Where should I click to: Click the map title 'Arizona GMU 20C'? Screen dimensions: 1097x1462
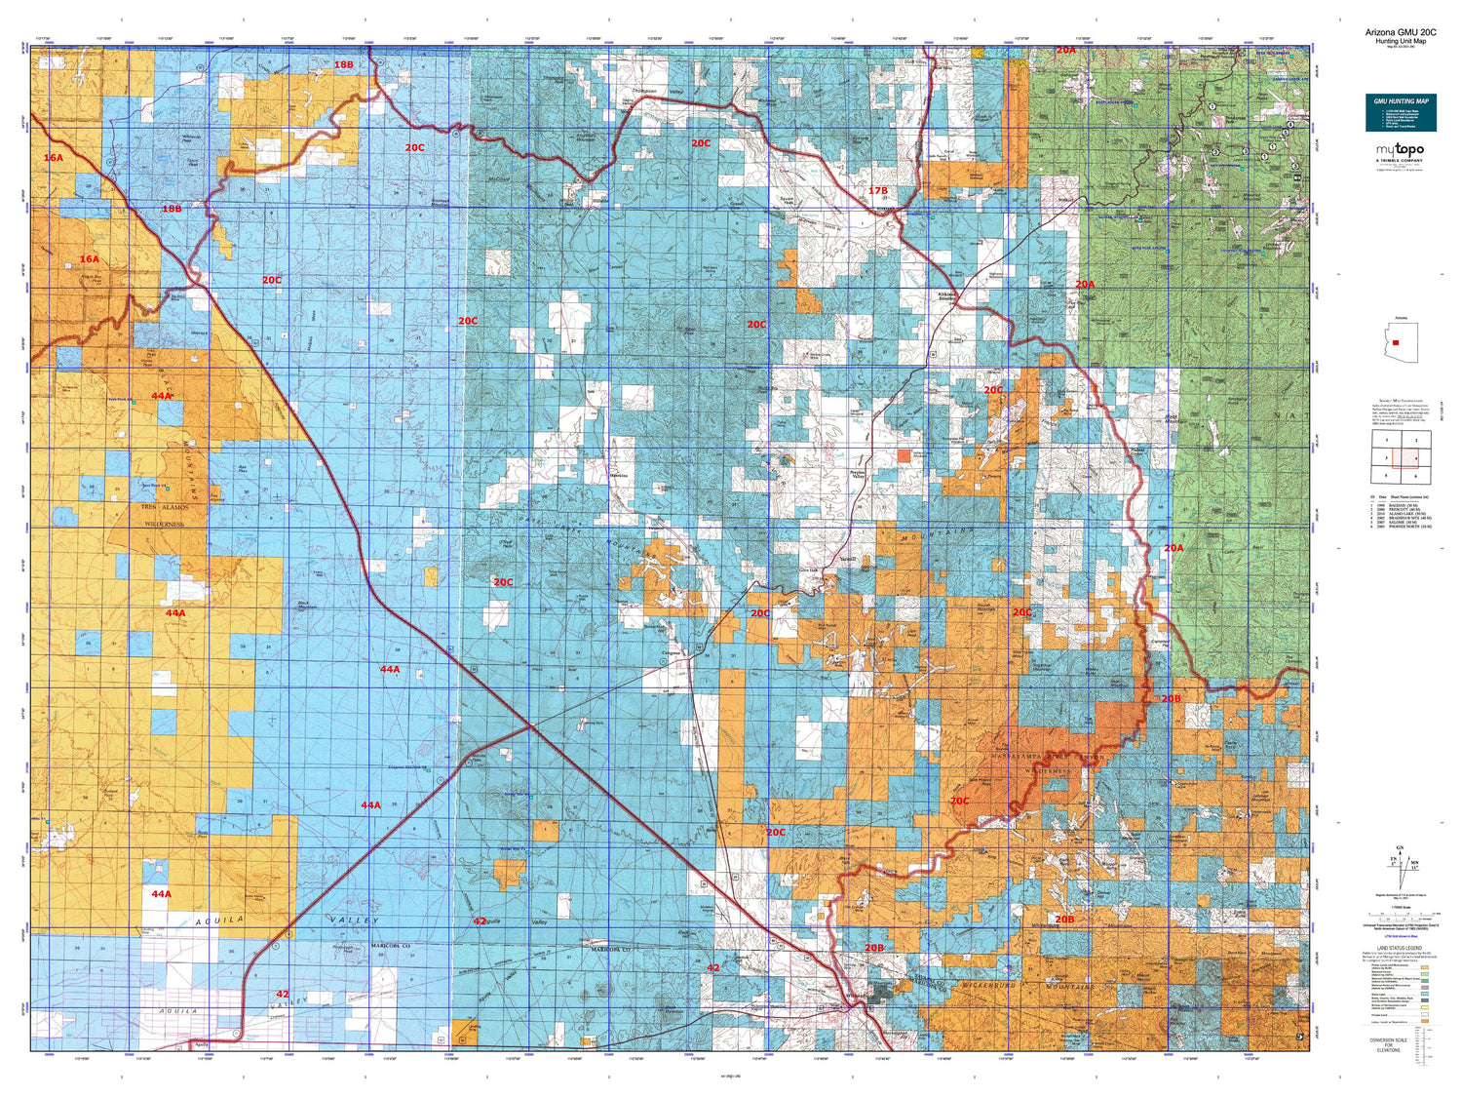tap(1400, 32)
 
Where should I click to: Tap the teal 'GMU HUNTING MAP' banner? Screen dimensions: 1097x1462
tap(1401, 112)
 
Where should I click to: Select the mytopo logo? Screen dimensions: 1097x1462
tap(1400, 150)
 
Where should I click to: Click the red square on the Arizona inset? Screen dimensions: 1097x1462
tap(1396, 343)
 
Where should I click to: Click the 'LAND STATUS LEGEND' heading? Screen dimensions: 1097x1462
tap(1399, 948)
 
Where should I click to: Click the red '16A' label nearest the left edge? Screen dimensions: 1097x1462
tap(53, 157)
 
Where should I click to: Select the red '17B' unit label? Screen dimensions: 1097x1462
tap(878, 191)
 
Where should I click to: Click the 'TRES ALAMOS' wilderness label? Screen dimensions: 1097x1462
tap(164, 508)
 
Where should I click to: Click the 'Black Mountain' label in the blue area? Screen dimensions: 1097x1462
tap(308, 605)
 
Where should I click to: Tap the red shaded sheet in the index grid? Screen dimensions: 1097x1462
tap(1405, 458)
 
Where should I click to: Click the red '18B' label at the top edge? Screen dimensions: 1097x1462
tap(343, 64)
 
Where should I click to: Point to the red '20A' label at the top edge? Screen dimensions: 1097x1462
tap(1065, 50)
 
